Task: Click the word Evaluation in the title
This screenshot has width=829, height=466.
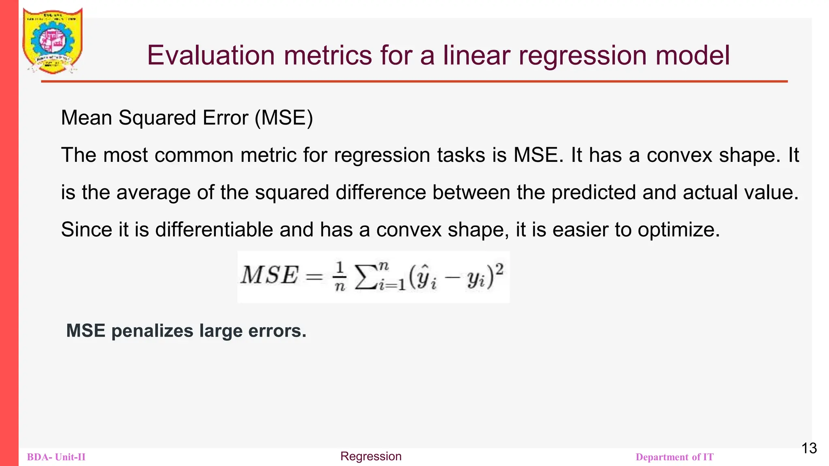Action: (x=210, y=55)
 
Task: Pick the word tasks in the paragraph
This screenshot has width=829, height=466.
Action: (x=461, y=155)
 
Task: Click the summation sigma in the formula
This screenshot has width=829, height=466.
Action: (x=366, y=277)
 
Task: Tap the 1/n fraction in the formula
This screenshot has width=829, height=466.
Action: (x=340, y=277)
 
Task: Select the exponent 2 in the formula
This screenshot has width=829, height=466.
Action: (x=500, y=269)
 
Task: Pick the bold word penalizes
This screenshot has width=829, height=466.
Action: (x=152, y=331)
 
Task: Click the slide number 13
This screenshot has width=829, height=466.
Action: (x=809, y=448)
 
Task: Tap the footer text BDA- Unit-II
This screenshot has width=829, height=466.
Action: (x=56, y=457)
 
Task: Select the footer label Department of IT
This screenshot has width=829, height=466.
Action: (x=674, y=457)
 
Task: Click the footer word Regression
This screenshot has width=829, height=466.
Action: (x=371, y=456)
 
